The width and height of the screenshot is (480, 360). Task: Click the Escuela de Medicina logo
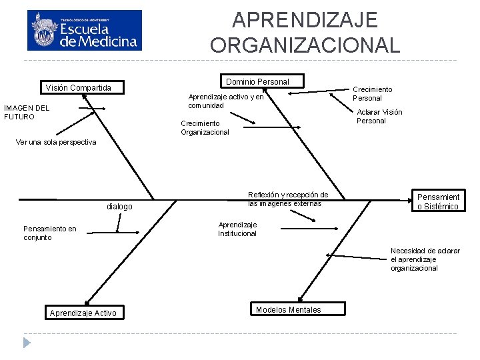point(85,30)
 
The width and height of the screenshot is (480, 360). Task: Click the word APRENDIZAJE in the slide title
point(305,20)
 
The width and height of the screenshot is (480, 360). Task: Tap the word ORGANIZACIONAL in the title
point(305,45)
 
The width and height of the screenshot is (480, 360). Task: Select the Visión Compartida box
point(78,88)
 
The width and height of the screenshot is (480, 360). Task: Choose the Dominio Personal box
point(257,81)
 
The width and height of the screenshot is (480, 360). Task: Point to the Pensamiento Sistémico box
point(438,201)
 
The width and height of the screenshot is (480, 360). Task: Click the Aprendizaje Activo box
point(83,313)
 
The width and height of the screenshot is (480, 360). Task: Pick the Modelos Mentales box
point(289,309)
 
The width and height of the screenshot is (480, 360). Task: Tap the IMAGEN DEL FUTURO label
point(27,112)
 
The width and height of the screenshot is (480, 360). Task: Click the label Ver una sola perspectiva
point(56,142)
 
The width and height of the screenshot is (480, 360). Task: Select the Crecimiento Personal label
point(372,93)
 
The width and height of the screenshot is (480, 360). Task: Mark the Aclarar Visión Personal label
point(379,116)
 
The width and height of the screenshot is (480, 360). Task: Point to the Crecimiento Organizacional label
point(205,127)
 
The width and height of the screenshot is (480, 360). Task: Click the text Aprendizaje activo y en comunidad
point(225,101)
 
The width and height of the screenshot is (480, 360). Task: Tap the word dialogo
point(119,207)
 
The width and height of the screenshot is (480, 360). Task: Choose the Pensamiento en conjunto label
point(49,233)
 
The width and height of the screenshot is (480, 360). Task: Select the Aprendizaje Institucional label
point(237,229)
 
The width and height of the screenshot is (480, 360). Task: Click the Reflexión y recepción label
point(287,199)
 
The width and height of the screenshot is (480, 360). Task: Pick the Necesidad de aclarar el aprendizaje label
point(425,259)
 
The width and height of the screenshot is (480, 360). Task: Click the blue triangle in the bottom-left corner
point(27,343)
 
